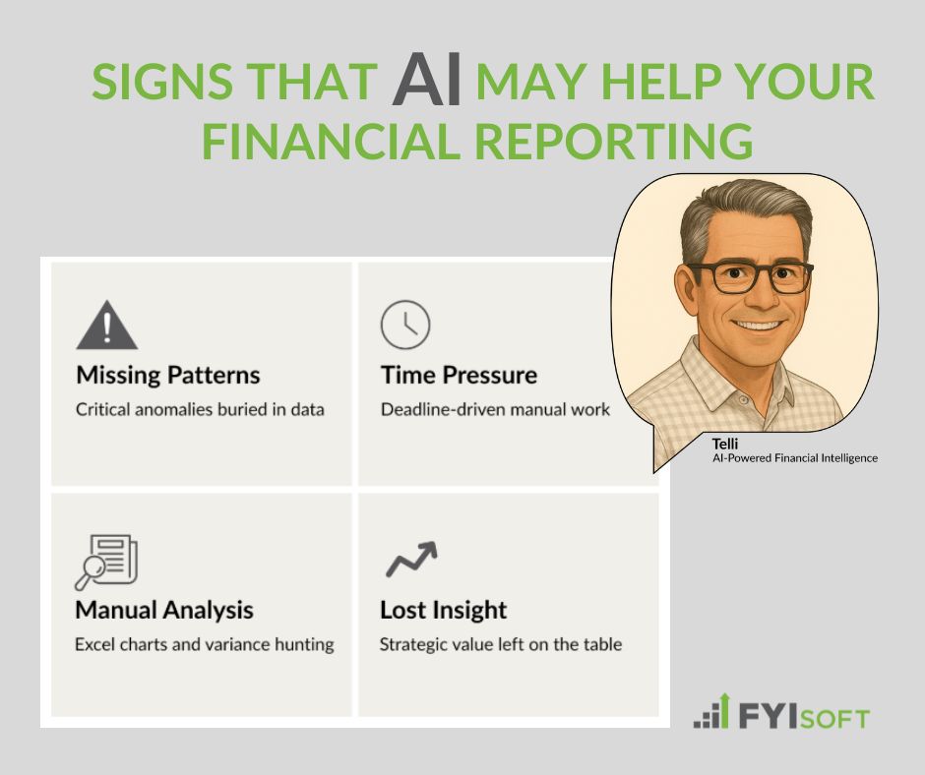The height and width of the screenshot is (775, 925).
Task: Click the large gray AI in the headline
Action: pyautogui.click(x=427, y=82)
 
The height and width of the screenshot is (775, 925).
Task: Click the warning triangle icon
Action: pyautogui.click(x=106, y=327)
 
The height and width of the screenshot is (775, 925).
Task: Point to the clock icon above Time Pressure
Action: pyautogui.click(x=405, y=325)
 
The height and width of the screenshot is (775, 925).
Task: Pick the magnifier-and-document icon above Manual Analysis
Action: pyautogui.click(x=106, y=560)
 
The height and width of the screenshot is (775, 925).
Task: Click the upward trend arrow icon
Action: pyautogui.click(x=410, y=559)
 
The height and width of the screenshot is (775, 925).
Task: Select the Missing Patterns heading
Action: pyautogui.click(x=168, y=375)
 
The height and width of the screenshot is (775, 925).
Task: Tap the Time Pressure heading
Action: pyautogui.click(x=459, y=375)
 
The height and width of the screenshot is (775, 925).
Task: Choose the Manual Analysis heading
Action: pyautogui.click(x=164, y=610)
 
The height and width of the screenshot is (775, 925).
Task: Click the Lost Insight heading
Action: pyautogui.click(x=444, y=610)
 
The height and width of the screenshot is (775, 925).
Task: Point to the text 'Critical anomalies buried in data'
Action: pyautogui.click(x=200, y=409)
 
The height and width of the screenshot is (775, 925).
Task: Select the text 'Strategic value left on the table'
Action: pyautogui.click(x=501, y=645)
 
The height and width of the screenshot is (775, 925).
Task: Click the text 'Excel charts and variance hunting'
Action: pyautogui.click(x=205, y=645)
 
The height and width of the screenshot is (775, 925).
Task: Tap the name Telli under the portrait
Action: pyautogui.click(x=725, y=444)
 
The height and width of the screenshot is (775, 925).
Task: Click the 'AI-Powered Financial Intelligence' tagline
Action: pyautogui.click(x=795, y=458)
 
